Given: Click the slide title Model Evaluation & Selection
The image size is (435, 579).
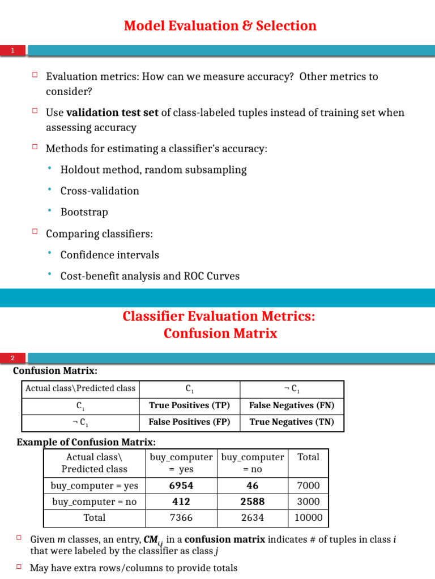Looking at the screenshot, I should [220, 26].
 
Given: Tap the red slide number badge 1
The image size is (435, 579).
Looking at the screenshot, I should [12, 51].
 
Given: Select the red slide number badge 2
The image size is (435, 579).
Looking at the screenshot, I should [12, 358].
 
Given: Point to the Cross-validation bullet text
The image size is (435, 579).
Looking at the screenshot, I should [100, 191].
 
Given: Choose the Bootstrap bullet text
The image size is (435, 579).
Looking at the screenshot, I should [84, 212].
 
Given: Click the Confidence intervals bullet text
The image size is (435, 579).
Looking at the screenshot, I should [109, 255].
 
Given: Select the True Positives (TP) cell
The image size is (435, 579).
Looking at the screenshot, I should [189, 405].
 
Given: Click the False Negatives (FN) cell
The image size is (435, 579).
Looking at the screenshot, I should [292, 405].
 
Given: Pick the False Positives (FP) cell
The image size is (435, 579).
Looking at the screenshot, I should [189, 422].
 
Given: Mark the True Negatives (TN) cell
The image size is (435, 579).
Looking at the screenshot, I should [292, 422].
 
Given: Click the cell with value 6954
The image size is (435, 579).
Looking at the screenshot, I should [181, 485].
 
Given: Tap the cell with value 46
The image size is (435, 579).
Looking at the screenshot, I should [253, 485].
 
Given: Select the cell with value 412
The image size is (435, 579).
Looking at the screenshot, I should [181, 502].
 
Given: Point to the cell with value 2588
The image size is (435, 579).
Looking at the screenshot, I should [253, 502].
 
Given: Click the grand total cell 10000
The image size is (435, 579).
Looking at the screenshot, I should [308, 517].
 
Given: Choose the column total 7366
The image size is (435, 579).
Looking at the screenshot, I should [181, 517].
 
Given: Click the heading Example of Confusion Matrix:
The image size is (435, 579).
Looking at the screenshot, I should [86, 442].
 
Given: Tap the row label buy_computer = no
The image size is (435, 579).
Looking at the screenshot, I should [94, 502].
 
